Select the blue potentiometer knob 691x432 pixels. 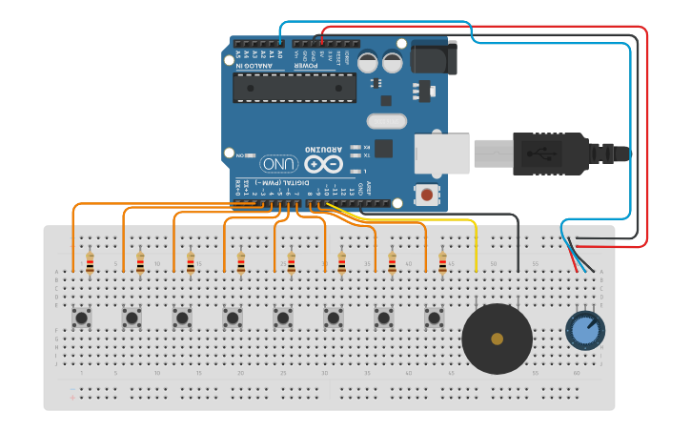(x=584, y=331)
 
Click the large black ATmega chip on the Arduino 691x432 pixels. (x=295, y=87)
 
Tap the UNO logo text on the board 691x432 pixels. (x=278, y=164)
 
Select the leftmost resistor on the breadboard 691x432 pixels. (x=90, y=262)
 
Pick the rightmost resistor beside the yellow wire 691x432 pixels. (x=442, y=262)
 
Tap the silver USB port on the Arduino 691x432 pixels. (x=441, y=154)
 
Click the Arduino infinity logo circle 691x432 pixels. (x=322, y=164)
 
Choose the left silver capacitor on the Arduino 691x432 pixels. (x=369, y=62)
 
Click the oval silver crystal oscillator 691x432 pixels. (x=386, y=121)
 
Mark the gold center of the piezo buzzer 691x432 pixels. (x=497, y=339)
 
